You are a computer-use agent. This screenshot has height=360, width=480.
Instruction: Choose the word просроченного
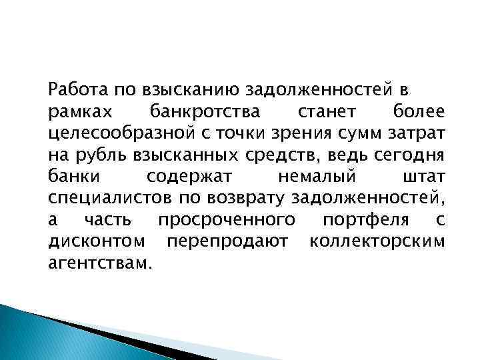click(227, 220)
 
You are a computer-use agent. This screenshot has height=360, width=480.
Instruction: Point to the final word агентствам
click(100, 263)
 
